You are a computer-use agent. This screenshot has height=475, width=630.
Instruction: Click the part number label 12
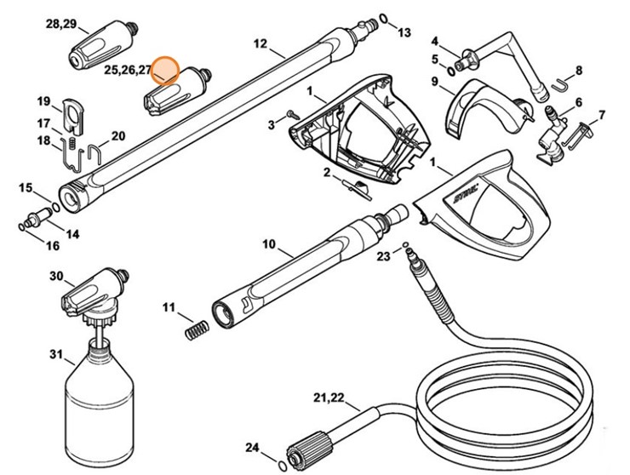[261, 43]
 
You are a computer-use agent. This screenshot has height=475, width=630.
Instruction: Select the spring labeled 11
[196, 327]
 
